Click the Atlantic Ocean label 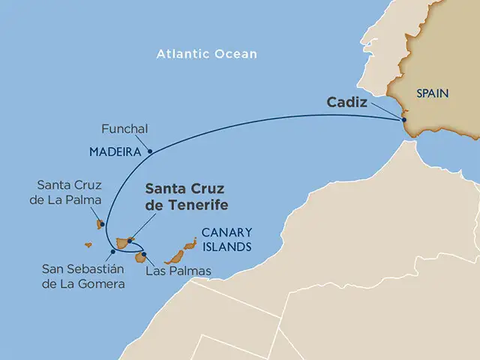207,54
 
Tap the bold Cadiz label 346,102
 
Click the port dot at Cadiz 403,119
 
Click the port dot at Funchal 150,152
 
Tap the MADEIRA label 115,151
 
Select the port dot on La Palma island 100,222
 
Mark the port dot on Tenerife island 130,241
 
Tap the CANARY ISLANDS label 226,238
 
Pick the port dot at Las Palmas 143,253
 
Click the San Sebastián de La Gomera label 83,277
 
